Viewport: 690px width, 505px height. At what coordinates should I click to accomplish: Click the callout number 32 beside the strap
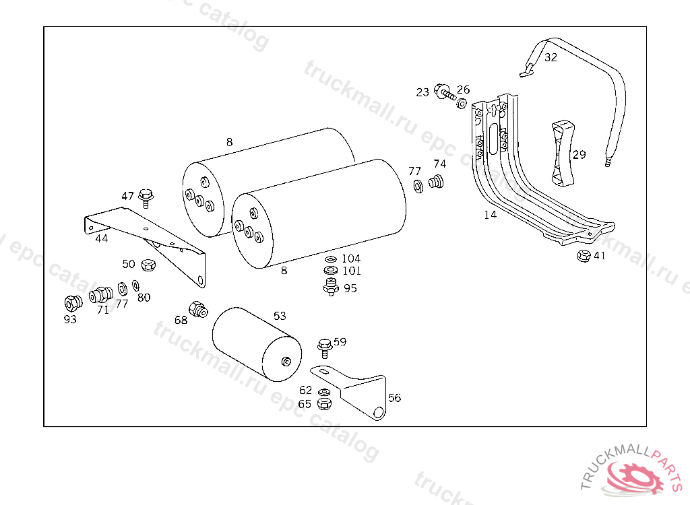pyautogui.click(x=551, y=57)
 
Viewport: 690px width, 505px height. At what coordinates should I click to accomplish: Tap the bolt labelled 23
pyautogui.click(x=445, y=91)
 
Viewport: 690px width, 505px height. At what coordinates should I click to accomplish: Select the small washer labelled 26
pyautogui.click(x=462, y=104)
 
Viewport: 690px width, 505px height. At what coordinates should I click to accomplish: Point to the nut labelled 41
pyautogui.click(x=584, y=256)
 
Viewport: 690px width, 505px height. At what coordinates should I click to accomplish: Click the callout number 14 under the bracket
pyautogui.click(x=490, y=215)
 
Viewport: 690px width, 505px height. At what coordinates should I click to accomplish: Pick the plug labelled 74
pyautogui.click(x=437, y=181)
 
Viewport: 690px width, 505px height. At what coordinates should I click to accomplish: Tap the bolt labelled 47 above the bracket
pyautogui.click(x=146, y=197)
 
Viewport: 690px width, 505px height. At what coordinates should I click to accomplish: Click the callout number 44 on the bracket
pyautogui.click(x=101, y=238)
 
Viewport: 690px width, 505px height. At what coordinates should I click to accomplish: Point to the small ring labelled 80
pyautogui.click(x=135, y=285)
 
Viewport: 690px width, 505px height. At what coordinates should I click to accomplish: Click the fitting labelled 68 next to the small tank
pyautogui.click(x=198, y=310)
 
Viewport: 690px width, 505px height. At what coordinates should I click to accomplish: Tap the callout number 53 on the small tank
pyautogui.click(x=280, y=315)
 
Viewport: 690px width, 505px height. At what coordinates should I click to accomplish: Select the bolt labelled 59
pyautogui.click(x=324, y=348)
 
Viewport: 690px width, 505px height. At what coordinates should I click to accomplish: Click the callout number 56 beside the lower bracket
pyautogui.click(x=394, y=398)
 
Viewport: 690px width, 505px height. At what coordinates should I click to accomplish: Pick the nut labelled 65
pyautogui.click(x=323, y=403)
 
